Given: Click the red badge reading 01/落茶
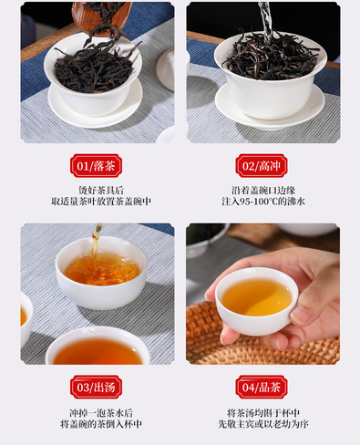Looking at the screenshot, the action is (x=96, y=166).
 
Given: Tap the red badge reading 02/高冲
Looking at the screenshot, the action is (x=262, y=166).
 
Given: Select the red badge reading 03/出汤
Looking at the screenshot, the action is (x=96, y=387).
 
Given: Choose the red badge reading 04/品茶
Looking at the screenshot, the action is (x=262, y=387).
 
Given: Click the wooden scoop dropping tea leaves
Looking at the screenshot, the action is (x=101, y=17).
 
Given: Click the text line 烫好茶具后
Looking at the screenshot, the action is (x=101, y=191).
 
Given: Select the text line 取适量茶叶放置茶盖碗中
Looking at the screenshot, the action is (x=101, y=202).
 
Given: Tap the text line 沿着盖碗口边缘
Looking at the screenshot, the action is (x=263, y=191).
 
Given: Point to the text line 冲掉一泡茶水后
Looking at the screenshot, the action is (x=101, y=413).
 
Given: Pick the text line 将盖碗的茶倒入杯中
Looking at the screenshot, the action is (x=101, y=424).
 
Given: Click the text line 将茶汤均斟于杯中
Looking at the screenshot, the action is (x=263, y=413).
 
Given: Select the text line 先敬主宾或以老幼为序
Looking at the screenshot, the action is (x=263, y=424).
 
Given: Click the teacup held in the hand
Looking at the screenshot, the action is (x=257, y=301).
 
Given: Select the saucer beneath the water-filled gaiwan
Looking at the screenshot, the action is (x=270, y=107).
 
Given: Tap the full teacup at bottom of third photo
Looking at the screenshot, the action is (x=98, y=347).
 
